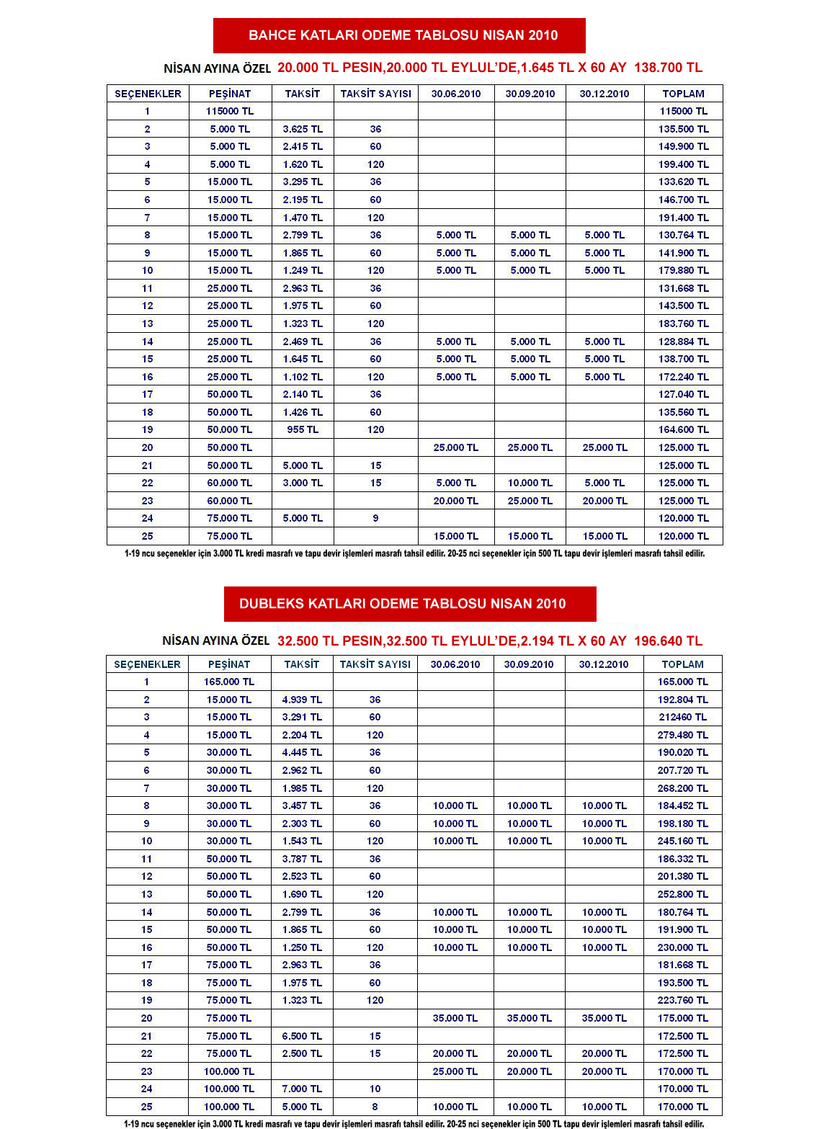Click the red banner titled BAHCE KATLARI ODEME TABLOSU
pos(399,35)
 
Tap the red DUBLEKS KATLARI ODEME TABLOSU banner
pos(410,604)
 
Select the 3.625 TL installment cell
pos(303,129)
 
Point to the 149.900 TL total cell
pos(683,146)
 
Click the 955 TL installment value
pos(303,429)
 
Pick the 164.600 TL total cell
pos(683,429)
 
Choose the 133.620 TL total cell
pos(683,182)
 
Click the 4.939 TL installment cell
pos(302,700)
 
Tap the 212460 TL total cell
pos(682,717)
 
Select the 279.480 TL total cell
pos(682,735)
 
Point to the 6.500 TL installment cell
pos(302,1036)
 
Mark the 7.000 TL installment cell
pos(302,1089)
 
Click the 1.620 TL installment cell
pos(303,164)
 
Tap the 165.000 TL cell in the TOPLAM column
pos(682,682)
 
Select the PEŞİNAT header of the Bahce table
pos(230,94)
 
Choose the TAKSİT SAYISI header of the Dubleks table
pos(375,664)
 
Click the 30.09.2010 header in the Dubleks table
pos(529,664)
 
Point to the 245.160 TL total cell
pos(682,841)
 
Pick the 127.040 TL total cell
pos(683,394)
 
